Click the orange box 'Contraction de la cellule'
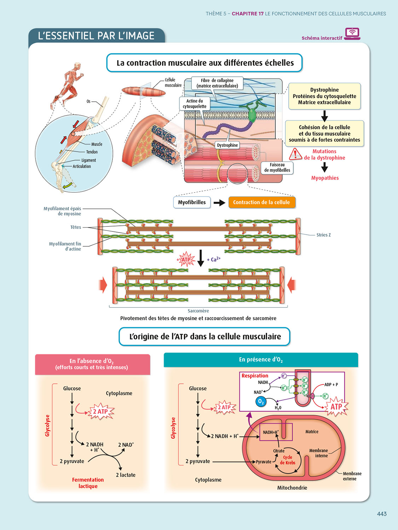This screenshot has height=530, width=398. click(261, 202)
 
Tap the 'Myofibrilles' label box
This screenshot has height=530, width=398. click(192, 202)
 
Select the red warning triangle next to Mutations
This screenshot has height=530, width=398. click(295, 154)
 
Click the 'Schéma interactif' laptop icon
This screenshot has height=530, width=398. click(352, 34)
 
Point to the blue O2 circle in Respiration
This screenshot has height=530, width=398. click(261, 401)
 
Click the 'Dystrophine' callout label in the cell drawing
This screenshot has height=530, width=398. click(227, 145)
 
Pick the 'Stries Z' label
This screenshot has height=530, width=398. click(323, 235)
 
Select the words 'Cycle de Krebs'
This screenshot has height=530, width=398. click(288, 460)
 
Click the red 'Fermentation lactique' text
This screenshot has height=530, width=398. click(88, 483)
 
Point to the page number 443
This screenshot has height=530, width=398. click(382, 514)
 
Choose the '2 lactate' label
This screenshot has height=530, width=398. click(126, 475)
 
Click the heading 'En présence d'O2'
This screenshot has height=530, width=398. click(261, 360)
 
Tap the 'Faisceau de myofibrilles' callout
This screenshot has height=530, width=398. click(277, 167)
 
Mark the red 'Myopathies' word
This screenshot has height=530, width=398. click(325, 178)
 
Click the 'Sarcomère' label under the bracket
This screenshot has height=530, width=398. click(198, 311)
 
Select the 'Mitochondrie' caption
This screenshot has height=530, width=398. click(292, 488)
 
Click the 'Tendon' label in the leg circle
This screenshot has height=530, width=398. click(92, 152)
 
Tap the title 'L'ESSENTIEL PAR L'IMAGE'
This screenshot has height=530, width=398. click(96, 36)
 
